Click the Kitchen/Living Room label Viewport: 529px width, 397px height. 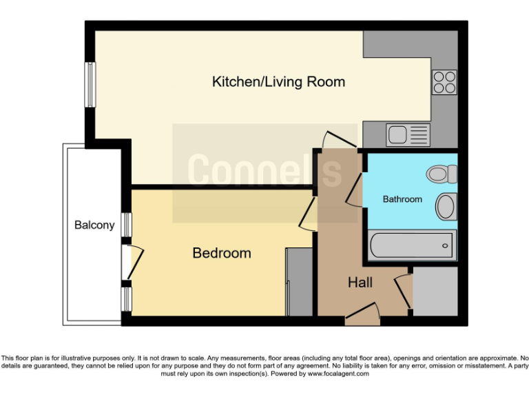(278, 82)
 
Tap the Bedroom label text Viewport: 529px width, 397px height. (221, 253)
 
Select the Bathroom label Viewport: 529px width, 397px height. (402, 199)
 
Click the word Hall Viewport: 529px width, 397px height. (360, 283)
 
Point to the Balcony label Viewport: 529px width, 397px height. (94, 225)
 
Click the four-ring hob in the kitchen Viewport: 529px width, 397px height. (444, 82)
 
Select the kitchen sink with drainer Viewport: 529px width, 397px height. (408, 134)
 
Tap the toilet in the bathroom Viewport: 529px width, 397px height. (442, 174)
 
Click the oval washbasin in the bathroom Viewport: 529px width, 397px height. (446, 205)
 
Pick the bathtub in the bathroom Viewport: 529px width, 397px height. (412, 245)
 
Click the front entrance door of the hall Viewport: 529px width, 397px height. (362, 315)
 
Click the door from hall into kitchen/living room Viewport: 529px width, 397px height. (340, 140)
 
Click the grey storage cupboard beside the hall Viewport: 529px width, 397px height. (435, 291)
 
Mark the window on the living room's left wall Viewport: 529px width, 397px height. (90, 85)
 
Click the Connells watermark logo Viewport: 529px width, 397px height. (264, 172)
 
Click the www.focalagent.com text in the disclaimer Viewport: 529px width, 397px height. (338, 374)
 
